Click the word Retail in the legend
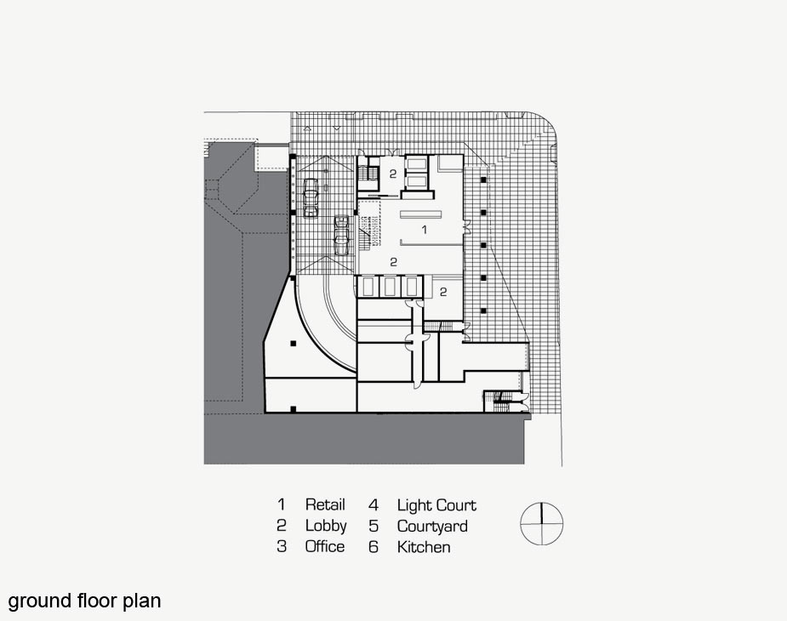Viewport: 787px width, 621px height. pos(325,505)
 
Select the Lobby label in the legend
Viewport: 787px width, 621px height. pos(326,526)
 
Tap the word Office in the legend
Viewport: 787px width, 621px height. pos(325,547)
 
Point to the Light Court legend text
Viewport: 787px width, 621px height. pos(436,505)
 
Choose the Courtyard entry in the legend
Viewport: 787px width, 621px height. pos(432,526)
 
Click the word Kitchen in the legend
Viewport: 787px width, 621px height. pos(424,547)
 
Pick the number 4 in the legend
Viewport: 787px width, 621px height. pos(373,505)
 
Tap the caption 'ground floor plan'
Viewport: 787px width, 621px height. pos(84,601)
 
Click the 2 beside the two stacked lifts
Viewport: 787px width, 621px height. pos(392,174)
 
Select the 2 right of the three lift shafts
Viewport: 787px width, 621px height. pos(444,291)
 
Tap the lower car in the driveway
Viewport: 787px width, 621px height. pos(343,234)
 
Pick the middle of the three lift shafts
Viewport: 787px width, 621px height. pos(391,287)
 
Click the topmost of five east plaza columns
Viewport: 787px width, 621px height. pos(483,180)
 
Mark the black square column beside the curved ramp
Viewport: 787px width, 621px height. pos(292,343)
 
